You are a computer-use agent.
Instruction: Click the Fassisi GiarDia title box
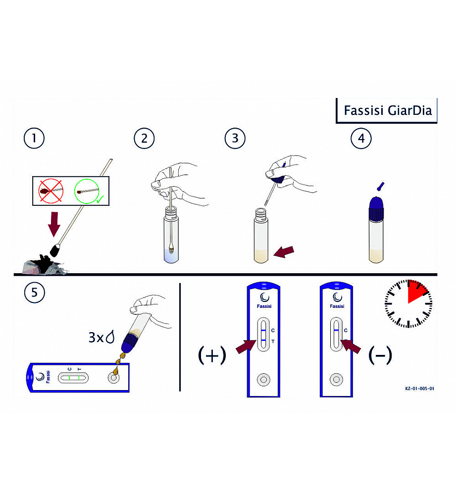[x=384, y=110]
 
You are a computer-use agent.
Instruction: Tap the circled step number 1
[x=34, y=138]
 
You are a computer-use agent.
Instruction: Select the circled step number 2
[x=144, y=138]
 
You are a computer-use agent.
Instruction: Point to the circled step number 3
[x=235, y=138]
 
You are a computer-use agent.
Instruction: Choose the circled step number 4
[x=361, y=138]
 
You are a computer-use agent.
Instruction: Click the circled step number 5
[x=34, y=292]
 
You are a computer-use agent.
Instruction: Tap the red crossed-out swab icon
[x=50, y=191]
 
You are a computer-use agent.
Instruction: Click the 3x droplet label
[x=102, y=337]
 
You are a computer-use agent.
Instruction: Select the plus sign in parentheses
[x=212, y=355]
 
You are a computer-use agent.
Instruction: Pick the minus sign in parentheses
[x=380, y=354]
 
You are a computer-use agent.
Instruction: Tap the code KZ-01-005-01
[x=419, y=389]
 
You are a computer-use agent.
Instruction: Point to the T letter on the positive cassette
[x=273, y=342]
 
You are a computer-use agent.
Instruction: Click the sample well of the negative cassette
[x=337, y=380]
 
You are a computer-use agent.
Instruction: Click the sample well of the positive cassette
[x=263, y=380]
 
